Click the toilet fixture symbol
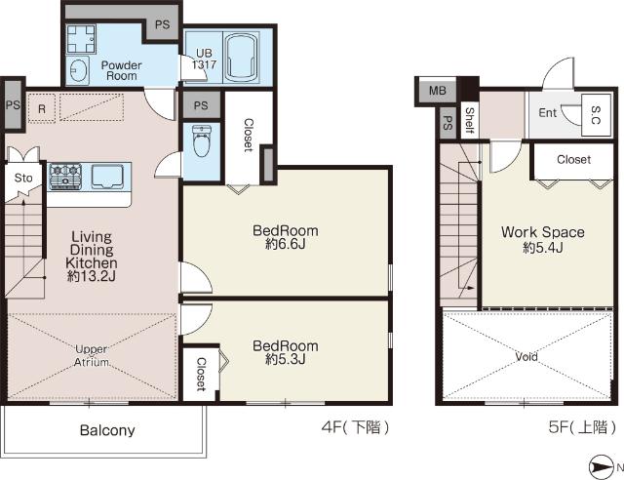click(x=202, y=140)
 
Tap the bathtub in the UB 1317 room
click(x=241, y=57)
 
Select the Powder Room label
click(x=121, y=70)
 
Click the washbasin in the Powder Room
click(x=77, y=70)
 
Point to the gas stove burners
click(x=65, y=176)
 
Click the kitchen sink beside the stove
click(x=107, y=176)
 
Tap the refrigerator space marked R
click(x=42, y=108)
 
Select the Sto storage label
click(x=23, y=178)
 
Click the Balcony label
click(x=107, y=430)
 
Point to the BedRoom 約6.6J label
click(x=286, y=237)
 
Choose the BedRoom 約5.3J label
click(x=286, y=352)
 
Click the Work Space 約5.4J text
click(x=543, y=239)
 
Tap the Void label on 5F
click(x=526, y=356)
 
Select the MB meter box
click(x=438, y=91)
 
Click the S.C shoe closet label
click(x=596, y=115)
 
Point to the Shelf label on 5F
click(x=470, y=120)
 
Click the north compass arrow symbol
click(x=601, y=467)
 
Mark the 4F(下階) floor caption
click(x=355, y=428)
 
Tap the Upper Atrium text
click(x=92, y=356)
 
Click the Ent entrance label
click(x=548, y=113)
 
